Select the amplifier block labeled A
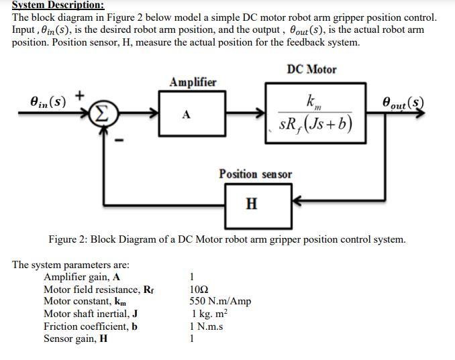click(x=187, y=115)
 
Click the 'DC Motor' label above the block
click(x=311, y=70)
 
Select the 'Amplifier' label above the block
click(x=193, y=82)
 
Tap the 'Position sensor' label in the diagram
click(x=255, y=174)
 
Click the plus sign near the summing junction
click(x=79, y=95)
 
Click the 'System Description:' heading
click(x=58, y=5)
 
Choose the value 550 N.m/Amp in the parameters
click(x=221, y=301)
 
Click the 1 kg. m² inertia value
click(x=209, y=314)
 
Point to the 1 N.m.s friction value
click(x=206, y=326)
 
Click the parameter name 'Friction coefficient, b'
click(x=91, y=326)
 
